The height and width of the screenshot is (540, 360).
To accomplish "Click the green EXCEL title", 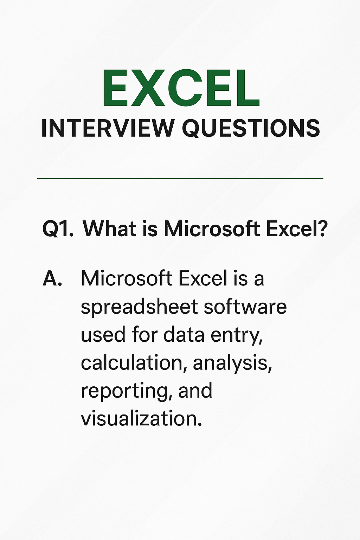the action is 181,88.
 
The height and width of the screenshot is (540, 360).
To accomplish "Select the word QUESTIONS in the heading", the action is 251,129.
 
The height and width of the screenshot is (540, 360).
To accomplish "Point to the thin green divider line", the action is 180,179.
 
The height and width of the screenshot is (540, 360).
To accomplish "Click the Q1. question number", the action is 58,229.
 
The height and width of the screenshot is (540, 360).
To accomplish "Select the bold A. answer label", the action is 52,279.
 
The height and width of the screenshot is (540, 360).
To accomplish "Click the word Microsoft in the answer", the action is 125,278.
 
